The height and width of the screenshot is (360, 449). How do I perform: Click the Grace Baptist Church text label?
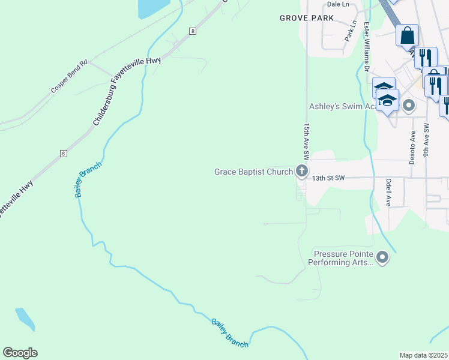coord(253,172)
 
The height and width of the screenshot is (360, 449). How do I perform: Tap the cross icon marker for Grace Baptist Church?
coord(301,172)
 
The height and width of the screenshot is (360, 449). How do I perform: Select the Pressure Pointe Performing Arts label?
coord(340,258)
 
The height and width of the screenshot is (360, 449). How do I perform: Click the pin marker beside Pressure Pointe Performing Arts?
coord(382,259)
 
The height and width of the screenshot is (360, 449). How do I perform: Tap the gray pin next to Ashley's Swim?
coord(409,106)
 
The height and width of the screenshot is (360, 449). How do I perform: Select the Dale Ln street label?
coord(337,4)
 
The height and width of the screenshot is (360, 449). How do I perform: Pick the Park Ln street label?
coord(351,31)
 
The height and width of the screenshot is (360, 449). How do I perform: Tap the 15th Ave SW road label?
coord(306,142)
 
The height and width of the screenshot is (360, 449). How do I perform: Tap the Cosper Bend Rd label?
coord(69,76)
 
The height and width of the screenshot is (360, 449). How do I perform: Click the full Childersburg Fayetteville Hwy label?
coord(120,92)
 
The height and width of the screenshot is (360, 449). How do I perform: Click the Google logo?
coord(20,352)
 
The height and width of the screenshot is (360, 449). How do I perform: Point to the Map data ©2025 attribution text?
coord(424,355)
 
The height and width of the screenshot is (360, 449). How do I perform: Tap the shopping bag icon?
coord(407,35)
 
